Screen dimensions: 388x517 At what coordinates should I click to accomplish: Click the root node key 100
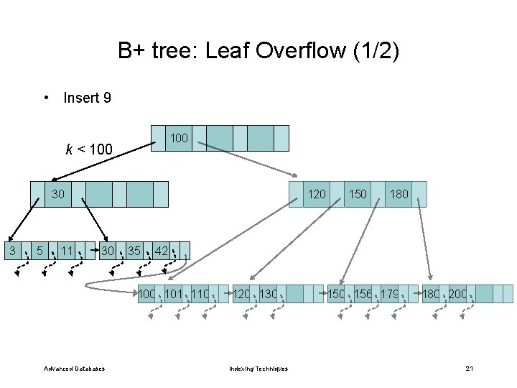click(179, 137)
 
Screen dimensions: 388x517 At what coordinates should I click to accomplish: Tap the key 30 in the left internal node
click(58, 193)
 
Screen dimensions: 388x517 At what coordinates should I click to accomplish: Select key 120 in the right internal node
click(317, 193)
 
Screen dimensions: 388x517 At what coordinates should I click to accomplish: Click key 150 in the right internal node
click(358, 193)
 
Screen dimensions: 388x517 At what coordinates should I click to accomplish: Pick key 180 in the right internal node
click(399, 193)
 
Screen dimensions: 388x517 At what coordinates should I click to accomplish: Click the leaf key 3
click(12, 250)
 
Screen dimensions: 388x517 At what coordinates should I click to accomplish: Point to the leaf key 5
click(40, 251)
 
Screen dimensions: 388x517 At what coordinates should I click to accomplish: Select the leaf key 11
click(67, 251)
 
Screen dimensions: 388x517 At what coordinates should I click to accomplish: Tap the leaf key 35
click(134, 251)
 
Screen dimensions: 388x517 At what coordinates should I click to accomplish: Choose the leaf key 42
click(162, 251)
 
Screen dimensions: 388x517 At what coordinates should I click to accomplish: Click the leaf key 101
click(173, 293)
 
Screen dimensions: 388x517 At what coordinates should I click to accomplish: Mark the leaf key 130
click(268, 293)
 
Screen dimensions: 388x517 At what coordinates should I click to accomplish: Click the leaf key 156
click(363, 293)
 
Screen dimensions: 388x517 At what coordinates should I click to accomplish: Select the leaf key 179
click(391, 293)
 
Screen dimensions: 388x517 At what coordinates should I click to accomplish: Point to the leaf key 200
click(457, 293)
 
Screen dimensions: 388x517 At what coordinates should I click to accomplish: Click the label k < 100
click(89, 149)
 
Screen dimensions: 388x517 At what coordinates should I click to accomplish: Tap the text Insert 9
click(87, 97)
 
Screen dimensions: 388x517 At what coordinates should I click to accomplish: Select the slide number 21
click(469, 369)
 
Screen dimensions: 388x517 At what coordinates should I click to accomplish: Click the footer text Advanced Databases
click(74, 369)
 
